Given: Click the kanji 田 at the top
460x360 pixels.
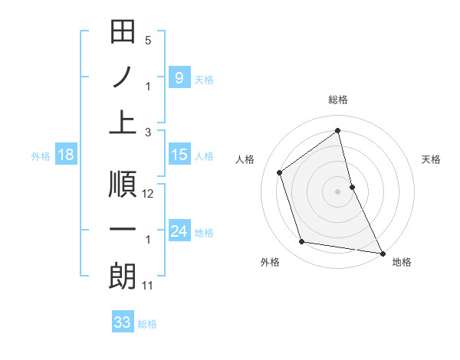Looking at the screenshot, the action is click(123, 33).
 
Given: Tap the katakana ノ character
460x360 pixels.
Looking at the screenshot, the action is click(123, 78).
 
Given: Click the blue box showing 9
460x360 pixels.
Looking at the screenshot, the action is click(179, 78).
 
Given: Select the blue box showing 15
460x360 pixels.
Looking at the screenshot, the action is click(179, 155).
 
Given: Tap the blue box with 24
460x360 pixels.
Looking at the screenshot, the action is click(179, 231).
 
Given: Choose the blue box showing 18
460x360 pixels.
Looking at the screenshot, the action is click(66, 155).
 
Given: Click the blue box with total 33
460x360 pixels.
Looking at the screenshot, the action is click(123, 322).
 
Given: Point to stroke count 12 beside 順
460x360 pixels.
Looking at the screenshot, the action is click(149, 194).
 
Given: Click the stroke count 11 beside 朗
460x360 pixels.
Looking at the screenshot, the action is click(148, 286).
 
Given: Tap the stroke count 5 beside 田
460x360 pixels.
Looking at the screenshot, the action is click(148, 41).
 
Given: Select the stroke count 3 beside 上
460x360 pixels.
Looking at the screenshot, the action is click(148, 132).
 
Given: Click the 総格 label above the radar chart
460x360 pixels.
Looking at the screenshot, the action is click(337, 100).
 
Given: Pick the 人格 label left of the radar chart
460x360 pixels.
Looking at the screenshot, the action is click(245, 159).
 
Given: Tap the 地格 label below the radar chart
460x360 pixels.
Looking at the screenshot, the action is click(402, 262).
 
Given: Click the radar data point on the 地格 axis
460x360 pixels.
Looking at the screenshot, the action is click(382, 252).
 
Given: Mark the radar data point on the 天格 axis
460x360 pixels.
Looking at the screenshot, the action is click(352, 186).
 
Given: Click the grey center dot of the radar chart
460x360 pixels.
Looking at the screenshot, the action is click(337, 191).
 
